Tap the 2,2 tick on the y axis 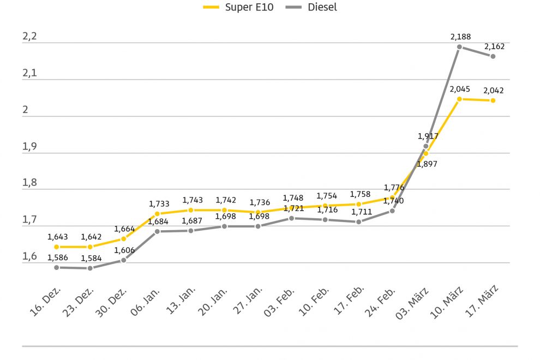click(x=29, y=37)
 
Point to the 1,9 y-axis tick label click(x=29, y=147)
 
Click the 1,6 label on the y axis click(x=29, y=256)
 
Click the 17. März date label click(x=484, y=301)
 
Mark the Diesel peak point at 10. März click(x=459, y=47)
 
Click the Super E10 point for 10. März click(x=459, y=99)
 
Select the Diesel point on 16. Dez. click(x=56, y=267)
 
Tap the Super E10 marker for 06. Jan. click(x=157, y=214)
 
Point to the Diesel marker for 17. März click(x=493, y=56)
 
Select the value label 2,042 click(x=494, y=91)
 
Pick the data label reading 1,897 click(x=427, y=163)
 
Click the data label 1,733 click(x=159, y=203)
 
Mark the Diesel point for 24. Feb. click(x=392, y=211)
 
